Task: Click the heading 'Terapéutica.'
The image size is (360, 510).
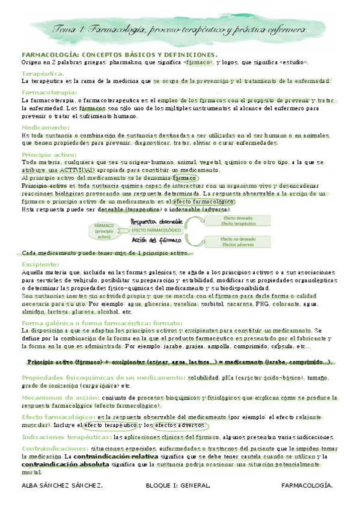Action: [x=40, y=73]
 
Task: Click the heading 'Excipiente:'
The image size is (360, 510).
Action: [x=40, y=264]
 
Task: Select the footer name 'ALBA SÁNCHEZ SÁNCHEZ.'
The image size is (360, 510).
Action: [x=61, y=485]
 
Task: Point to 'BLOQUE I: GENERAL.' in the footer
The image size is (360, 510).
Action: [x=178, y=485]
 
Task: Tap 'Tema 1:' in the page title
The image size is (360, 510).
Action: [x=71, y=29]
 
